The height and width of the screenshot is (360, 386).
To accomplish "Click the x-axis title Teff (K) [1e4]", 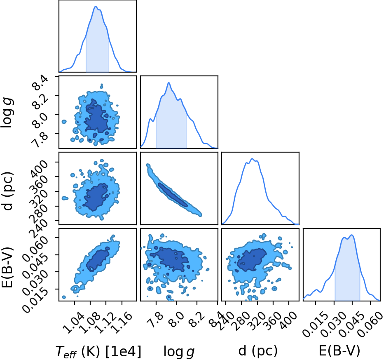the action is click(98, 351).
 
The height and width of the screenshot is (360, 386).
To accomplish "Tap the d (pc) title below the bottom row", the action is click(258, 351).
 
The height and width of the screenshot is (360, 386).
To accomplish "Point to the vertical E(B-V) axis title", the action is click(7, 267).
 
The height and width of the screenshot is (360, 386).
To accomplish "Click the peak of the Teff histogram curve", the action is click(96, 7).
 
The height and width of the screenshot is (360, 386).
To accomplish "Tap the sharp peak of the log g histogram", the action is click(169, 82).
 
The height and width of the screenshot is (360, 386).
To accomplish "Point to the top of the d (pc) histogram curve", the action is click(252, 159).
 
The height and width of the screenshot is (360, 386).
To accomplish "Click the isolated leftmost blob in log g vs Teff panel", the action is click(64, 122).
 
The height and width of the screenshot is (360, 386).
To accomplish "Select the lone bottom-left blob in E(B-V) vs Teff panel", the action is click(64, 297).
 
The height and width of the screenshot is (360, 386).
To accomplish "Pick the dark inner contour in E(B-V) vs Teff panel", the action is click(98, 261).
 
